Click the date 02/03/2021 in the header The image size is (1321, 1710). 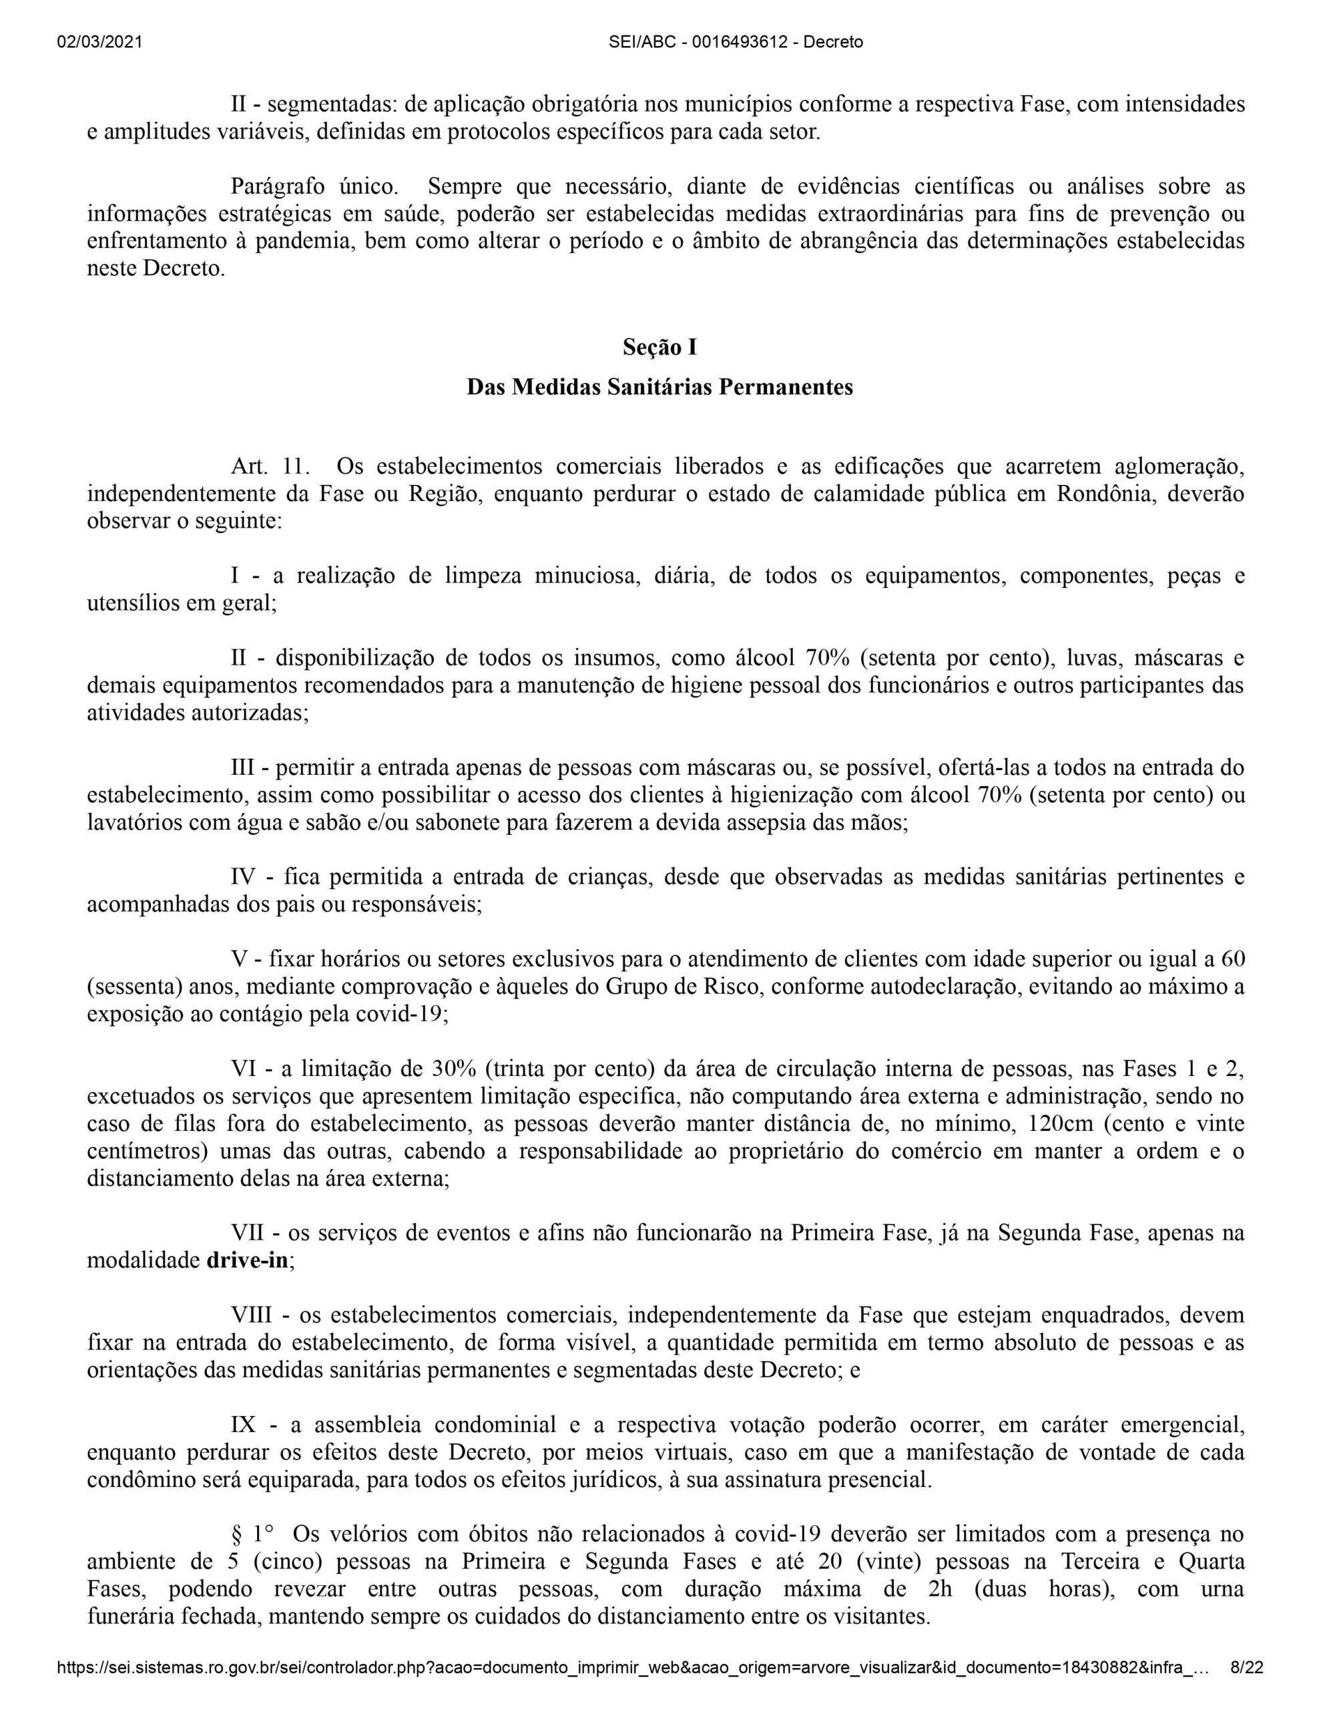pos(99,42)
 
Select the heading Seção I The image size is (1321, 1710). pos(659,347)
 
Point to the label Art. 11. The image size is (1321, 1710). pos(270,467)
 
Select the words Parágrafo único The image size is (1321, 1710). pos(315,187)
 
